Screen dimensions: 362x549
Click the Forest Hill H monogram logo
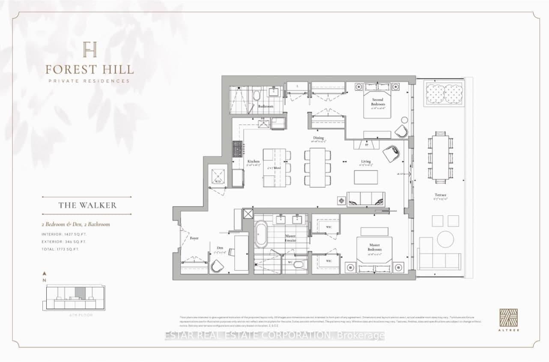[x=90, y=49]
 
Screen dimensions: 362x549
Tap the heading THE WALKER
[x=87, y=205]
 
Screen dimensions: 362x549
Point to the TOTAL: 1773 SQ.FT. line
[x=60, y=249]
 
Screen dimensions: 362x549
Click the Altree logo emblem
[x=508, y=318]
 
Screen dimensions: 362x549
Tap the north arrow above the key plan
[x=45, y=274]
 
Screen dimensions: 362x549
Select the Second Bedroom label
[x=378, y=102]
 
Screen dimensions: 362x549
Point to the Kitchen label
[x=253, y=162]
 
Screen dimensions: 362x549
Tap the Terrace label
[x=440, y=195]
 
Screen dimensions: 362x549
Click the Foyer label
[x=194, y=238]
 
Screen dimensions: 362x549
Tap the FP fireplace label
[x=366, y=145]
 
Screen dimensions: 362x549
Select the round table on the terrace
[x=445, y=239]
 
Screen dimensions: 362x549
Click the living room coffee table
[x=366, y=177]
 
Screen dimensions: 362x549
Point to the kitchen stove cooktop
[x=237, y=150]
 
